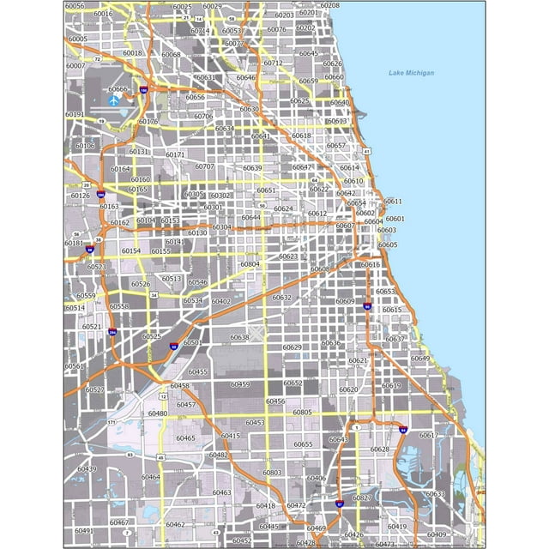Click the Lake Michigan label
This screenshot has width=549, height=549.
(410, 73)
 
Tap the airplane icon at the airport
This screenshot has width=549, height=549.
(114, 100)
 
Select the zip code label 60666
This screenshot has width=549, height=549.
(118, 89)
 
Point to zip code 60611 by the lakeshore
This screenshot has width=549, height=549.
(392, 201)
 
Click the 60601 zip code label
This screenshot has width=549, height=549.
(395, 219)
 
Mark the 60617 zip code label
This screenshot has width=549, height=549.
(428, 435)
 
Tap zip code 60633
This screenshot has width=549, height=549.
(435, 494)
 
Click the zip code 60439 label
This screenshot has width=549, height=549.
(87, 469)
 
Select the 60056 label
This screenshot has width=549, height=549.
(75, 6)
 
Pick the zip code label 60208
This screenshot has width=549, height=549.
(329, 5)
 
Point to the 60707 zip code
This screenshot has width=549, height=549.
(204, 166)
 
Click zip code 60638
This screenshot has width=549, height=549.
(239, 337)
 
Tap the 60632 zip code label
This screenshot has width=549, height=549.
(281, 298)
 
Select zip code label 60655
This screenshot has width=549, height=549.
(303, 444)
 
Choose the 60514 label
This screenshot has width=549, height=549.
(75, 308)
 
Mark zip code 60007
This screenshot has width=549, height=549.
(75, 66)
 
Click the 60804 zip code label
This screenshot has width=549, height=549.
(250, 264)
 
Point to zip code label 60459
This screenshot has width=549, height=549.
(240, 384)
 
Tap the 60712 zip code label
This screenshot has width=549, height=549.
(273, 63)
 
